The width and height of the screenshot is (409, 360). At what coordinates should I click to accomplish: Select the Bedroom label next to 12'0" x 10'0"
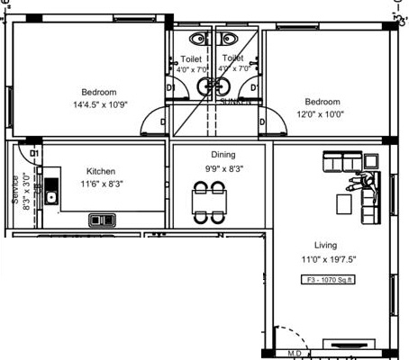(322, 102)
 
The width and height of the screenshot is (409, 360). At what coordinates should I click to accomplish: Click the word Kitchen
(101, 171)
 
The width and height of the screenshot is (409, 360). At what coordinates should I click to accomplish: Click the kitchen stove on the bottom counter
(100, 219)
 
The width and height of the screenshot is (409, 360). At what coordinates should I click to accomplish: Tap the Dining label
(223, 155)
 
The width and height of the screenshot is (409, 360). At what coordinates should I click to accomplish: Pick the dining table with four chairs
(210, 202)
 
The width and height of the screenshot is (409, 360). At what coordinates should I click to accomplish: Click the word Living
(324, 245)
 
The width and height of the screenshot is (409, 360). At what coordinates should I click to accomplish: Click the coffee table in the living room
(344, 204)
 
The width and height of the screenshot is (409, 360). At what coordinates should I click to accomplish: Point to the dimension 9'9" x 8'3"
(223, 168)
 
